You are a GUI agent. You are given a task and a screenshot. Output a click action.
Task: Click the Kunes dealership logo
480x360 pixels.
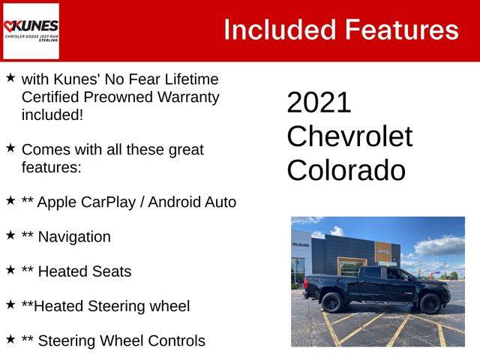pyautogui.click(x=31, y=31)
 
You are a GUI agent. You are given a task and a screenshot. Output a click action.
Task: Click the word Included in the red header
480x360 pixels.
pyautogui.click(x=280, y=30)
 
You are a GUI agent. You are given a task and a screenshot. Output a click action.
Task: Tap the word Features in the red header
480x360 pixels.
pyautogui.click(x=402, y=30)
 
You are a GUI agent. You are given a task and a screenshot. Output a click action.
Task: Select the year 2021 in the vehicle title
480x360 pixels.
pyautogui.click(x=319, y=103)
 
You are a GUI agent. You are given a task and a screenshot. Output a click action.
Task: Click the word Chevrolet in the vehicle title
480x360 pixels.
pyautogui.click(x=349, y=136)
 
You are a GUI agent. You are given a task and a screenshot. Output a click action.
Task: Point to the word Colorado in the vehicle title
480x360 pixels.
pyautogui.click(x=346, y=170)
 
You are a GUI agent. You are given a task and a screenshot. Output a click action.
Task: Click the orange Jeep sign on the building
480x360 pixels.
pyautogui.click(x=383, y=251)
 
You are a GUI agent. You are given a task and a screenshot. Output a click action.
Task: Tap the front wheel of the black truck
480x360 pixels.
pyautogui.click(x=430, y=303)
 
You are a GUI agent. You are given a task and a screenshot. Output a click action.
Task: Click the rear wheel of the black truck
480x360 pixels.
pyautogui.click(x=332, y=302)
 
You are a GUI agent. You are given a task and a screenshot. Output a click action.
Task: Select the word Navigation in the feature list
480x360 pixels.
pyautogui.click(x=74, y=237)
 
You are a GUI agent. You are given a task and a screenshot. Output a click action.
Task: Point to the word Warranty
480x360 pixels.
pyautogui.click(x=188, y=97)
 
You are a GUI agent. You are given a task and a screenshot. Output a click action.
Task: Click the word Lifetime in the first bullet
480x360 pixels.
pyautogui.click(x=192, y=79)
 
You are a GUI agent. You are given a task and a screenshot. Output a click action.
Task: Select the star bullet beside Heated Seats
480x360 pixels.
pyautogui.click(x=10, y=270)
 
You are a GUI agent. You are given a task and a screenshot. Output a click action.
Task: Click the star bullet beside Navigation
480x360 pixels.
pyautogui.click(x=10, y=235)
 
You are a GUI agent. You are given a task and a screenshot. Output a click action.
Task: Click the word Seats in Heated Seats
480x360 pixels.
pyautogui.click(x=112, y=271)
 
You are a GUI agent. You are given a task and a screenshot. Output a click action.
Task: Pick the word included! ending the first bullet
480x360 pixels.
pyautogui.click(x=52, y=115)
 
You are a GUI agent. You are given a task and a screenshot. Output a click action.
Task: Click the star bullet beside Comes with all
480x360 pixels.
pyautogui.click(x=10, y=148)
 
